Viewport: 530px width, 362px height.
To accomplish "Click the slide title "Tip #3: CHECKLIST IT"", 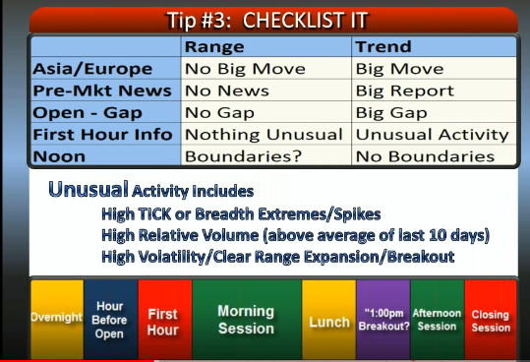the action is click(267, 21).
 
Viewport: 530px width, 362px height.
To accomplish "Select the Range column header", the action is click(214, 46).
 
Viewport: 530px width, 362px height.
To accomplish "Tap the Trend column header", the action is click(383, 46).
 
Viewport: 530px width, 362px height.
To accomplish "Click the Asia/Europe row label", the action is click(92, 69).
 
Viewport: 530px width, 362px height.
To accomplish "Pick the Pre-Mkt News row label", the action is click(102, 90).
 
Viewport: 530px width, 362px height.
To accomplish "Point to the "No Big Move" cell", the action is click(245, 69).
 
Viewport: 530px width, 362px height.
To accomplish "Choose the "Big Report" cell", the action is click(404, 90).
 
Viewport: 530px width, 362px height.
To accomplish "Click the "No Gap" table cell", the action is click(219, 113).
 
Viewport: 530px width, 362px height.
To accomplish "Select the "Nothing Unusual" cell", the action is click(264, 135).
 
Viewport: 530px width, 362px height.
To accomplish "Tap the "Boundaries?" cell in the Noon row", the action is click(243, 156).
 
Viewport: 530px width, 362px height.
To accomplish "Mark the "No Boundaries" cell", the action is click(425, 156).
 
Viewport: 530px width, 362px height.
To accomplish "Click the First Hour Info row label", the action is click(102, 135).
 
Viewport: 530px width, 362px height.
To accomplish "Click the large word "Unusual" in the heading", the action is click(88, 189).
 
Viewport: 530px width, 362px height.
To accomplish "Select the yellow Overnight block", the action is click(57, 320).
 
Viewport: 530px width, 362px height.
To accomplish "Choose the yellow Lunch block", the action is click(328, 320).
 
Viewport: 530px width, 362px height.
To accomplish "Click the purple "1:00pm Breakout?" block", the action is click(383, 320).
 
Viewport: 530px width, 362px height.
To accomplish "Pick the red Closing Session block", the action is click(491, 320).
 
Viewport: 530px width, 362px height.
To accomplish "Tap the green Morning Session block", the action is click(247, 320).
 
